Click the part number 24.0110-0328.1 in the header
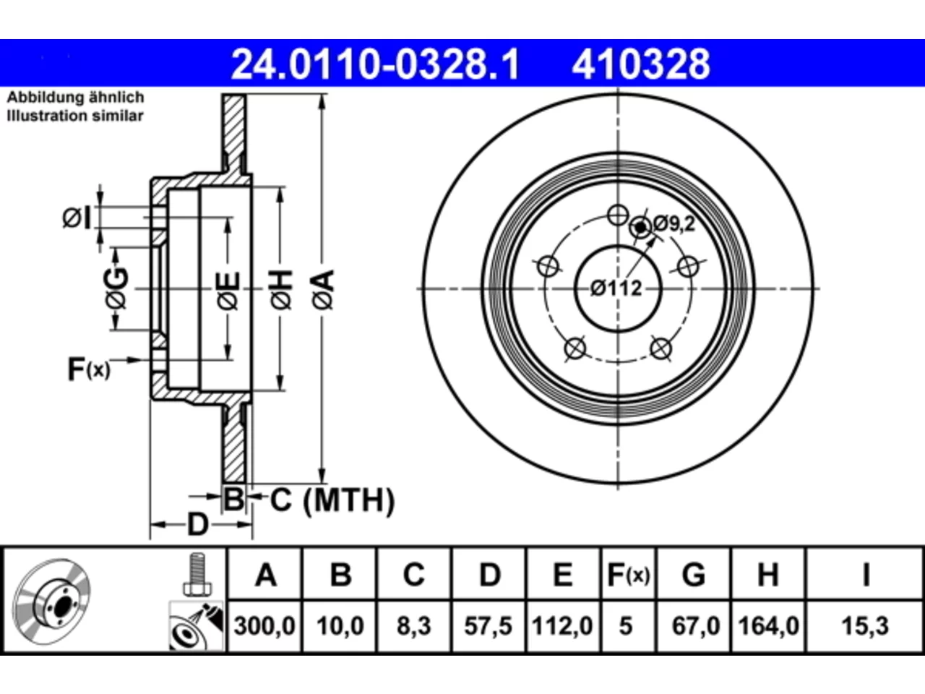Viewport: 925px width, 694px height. (x=375, y=64)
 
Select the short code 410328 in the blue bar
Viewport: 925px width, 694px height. (x=640, y=64)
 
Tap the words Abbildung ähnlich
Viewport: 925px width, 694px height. (x=76, y=98)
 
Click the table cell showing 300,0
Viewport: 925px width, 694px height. (x=264, y=626)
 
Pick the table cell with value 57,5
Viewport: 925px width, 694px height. (x=488, y=626)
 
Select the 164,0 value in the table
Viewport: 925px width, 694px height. (x=768, y=626)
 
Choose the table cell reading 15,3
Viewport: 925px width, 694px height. (x=865, y=626)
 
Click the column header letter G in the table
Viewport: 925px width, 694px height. (x=694, y=575)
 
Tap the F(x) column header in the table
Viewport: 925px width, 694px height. (x=629, y=575)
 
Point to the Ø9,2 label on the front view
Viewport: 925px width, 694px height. (x=674, y=223)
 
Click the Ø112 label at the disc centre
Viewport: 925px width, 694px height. (x=616, y=288)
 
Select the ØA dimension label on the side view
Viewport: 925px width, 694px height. (x=324, y=290)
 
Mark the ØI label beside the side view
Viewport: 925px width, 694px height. (x=77, y=218)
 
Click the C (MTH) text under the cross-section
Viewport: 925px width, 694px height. (x=332, y=500)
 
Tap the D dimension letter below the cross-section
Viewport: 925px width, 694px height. (x=197, y=525)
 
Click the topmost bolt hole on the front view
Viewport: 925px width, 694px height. (x=618, y=215)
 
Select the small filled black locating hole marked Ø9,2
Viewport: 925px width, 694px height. (x=640, y=228)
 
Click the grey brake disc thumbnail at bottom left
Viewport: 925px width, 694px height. (x=51, y=602)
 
